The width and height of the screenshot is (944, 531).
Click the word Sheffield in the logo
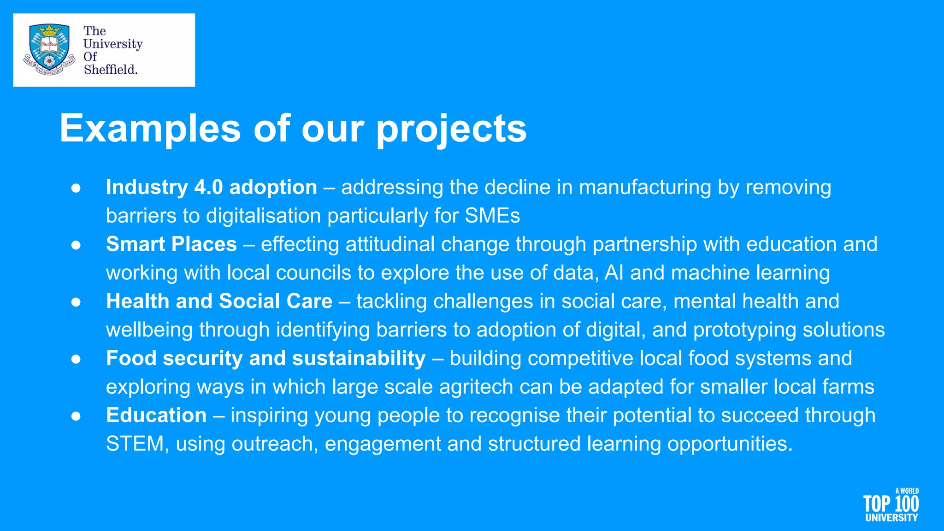point(111,70)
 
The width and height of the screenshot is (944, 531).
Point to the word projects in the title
point(452,129)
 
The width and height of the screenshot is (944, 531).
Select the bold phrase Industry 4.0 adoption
point(212,187)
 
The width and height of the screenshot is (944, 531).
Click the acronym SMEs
point(492,216)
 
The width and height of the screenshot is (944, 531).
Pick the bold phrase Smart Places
point(171,244)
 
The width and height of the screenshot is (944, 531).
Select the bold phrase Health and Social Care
point(219,301)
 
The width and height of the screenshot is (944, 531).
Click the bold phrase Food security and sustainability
point(265,359)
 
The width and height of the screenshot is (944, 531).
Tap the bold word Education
point(156,415)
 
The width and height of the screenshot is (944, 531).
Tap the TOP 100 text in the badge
point(891,504)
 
